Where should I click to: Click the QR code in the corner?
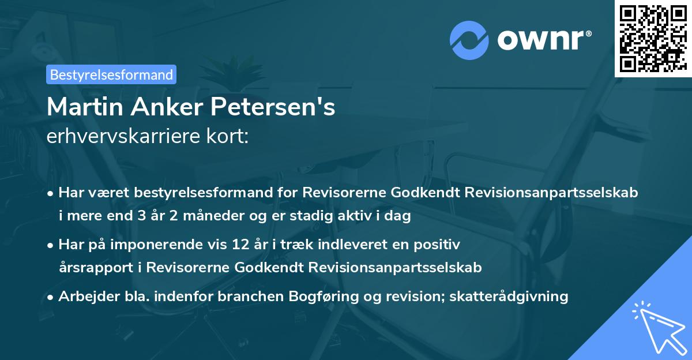click(x=653, y=38)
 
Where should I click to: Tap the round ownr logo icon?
click(x=469, y=39)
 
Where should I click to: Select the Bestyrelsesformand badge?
click(x=112, y=74)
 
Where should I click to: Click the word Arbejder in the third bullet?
click(x=85, y=297)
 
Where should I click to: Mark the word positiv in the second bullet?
click(x=440, y=245)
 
